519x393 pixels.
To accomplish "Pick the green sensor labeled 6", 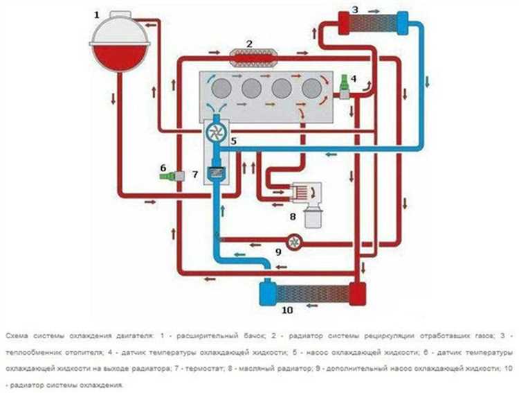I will pyautogui.click(x=170, y=177).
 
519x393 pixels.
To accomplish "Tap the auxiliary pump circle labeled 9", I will pyautogui.click(x=295, y=241).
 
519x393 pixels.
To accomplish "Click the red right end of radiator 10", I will pyautogui.click(x=357, y=292).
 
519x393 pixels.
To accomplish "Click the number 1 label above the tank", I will pyautogui.click(x=97, y=14).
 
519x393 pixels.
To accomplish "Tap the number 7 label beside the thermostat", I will pyautogui.click(x=195, y=173).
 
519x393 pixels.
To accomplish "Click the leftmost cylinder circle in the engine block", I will pyautogui.click(x=222, y=87).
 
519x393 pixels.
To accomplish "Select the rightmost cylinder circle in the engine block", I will pyautogui.click(x=311, y=87).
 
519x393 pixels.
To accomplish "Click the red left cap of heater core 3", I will pyautogui.click(x=343, y=22).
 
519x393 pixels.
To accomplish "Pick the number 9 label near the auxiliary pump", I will pyautogui.click(x=279, y=252).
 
